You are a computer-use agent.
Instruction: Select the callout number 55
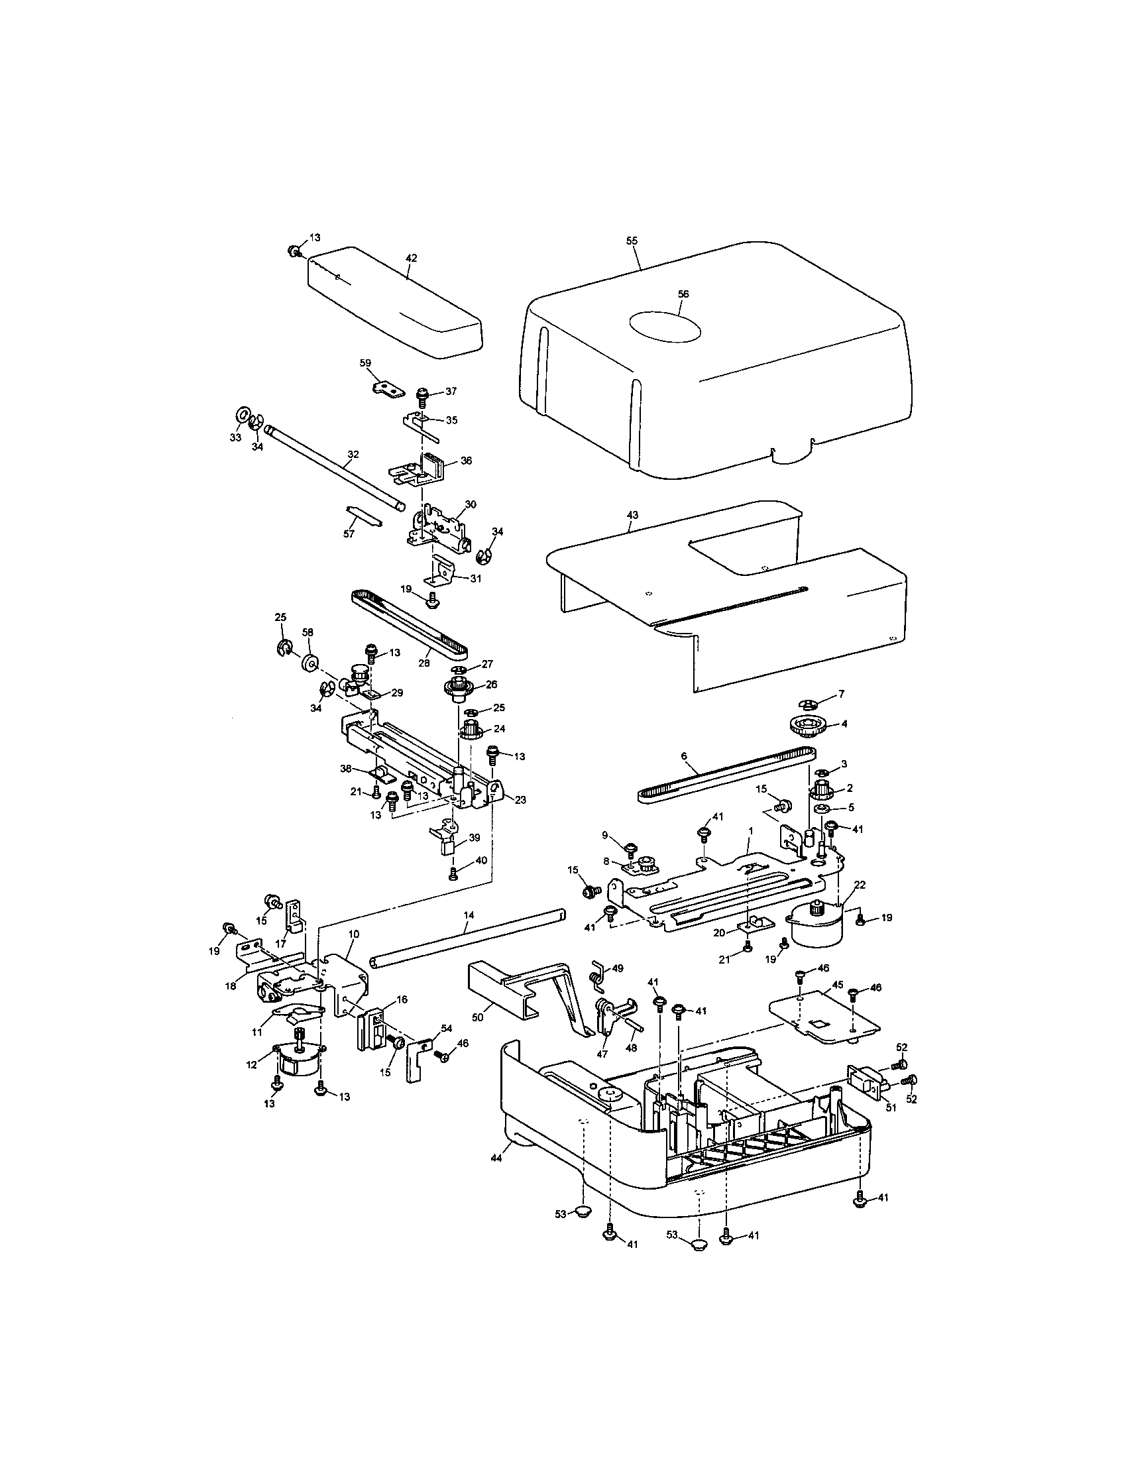coord(632,241)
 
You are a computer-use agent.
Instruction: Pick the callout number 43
coord(632,516)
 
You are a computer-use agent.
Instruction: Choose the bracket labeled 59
coord(386,388)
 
